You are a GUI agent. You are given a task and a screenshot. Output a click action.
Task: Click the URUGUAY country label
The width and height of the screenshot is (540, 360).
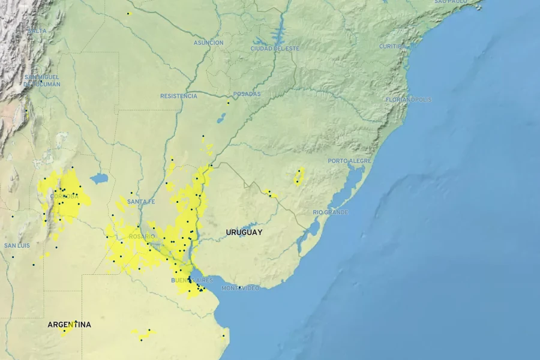point(244,232)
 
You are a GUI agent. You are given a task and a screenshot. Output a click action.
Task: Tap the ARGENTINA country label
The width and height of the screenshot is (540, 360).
point(70,325)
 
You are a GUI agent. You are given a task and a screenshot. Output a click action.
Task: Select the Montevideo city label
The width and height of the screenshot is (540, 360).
point(241,289)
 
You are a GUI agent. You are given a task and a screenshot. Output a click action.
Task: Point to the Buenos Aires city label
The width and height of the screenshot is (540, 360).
point(192,281)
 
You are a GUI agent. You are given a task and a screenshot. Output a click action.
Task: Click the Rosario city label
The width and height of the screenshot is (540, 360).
point(142,236)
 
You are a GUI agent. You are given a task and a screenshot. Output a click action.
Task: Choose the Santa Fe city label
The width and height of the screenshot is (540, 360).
point(141,202)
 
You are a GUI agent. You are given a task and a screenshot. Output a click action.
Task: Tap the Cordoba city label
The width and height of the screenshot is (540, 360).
point(64,196)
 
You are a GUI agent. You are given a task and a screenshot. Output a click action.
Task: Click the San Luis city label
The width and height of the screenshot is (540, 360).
point(17,246)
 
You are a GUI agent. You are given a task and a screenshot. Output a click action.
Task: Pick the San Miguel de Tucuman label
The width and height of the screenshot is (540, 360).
point(42,80)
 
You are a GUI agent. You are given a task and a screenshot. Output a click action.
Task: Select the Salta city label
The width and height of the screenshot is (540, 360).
point(37,30)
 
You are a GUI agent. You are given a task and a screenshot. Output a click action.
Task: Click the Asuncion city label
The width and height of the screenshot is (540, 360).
point(208,43)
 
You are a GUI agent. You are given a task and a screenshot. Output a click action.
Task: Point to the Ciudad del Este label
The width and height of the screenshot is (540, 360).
point(274,48)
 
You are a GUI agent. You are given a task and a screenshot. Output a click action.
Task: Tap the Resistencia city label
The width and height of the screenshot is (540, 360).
point(178,96)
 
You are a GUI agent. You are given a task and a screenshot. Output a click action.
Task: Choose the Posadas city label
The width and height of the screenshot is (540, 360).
point(247,94)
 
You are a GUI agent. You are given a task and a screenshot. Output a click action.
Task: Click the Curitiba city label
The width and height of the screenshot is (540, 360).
point(392,46)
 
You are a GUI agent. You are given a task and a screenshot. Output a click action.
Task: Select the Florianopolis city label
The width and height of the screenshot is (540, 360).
point(408,100)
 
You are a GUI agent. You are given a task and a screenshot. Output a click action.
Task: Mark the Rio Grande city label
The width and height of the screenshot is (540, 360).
point(330,212)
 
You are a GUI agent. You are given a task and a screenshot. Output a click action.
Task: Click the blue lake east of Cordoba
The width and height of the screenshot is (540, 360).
point(99,178)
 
